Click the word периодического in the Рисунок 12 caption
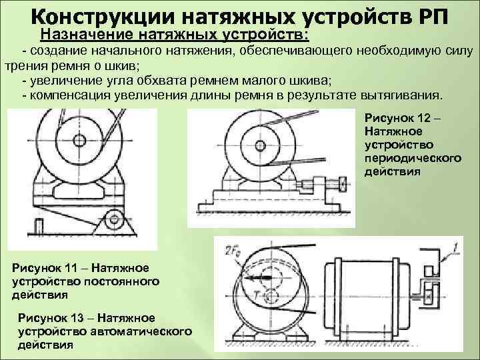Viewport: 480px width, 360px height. tap(413, 159)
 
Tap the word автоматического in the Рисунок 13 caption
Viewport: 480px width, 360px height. tap(142, 331)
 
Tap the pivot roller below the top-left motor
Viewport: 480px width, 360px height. tap(113, 217)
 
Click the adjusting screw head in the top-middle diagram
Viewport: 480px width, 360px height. tap(341, 183)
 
